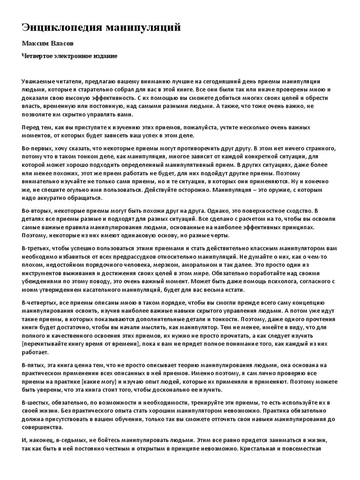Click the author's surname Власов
63,44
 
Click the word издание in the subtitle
105,56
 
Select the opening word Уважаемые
39,81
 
